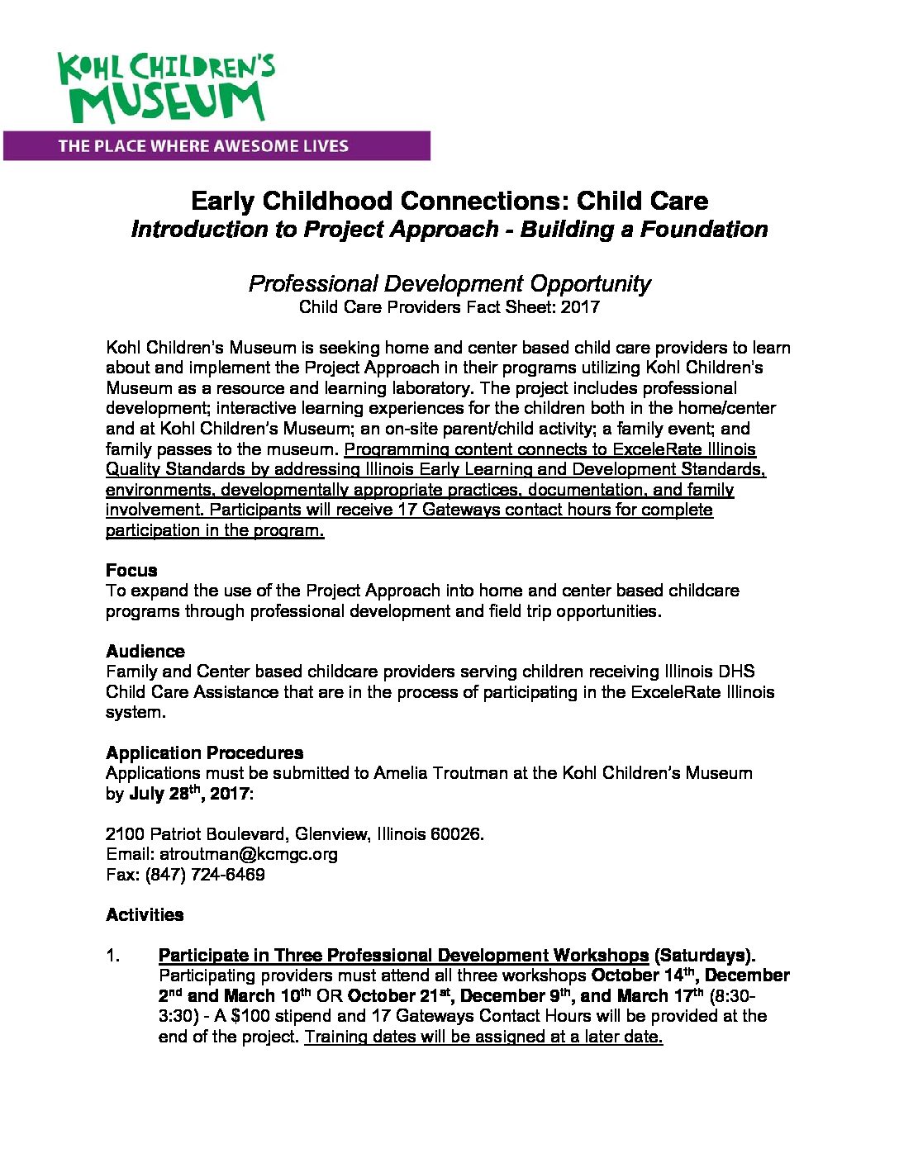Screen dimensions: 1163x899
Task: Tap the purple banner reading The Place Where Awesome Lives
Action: click(x=216, y=146)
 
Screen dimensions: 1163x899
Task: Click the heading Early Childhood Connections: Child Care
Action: click(x=449, y=201)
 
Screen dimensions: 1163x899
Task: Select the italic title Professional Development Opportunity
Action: click(x=449, y=283)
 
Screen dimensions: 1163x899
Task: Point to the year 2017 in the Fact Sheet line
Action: click(x=580, y=307)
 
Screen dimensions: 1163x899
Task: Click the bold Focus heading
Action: click(x=131, y=570)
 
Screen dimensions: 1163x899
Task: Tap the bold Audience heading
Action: click(x=145, y=651)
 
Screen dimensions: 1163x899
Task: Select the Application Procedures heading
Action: click(x=204, y=752)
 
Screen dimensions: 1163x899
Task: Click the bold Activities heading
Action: click(x=145, y=914)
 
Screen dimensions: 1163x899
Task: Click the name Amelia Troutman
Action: click(x=432, y=773)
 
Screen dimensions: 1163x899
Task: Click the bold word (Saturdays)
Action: click(x=704, y=956)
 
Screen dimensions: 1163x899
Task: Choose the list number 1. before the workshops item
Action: click(x=113, y=956)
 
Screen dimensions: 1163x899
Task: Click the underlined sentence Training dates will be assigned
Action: click(x=483, y=1037)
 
